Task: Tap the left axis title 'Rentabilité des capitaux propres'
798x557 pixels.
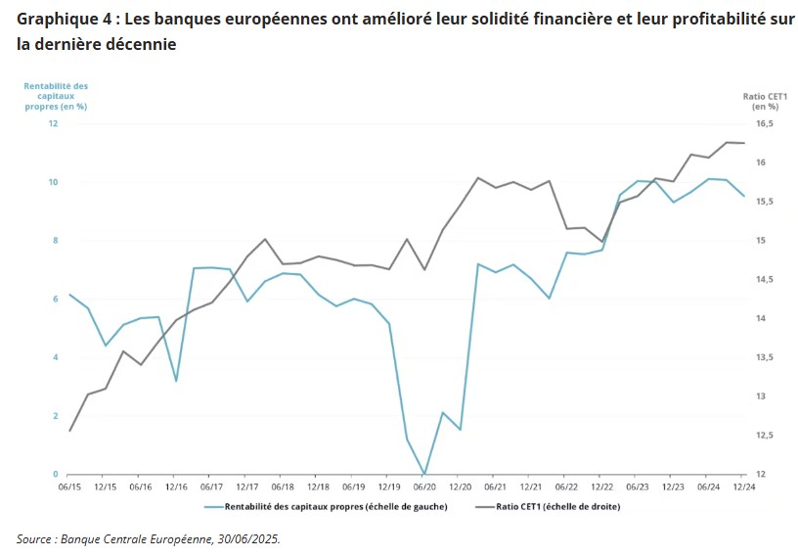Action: [56, 96]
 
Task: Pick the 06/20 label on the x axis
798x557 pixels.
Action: [424, 487]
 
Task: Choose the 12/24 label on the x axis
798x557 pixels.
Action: [744, 487]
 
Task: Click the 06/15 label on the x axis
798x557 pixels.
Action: [69, 487]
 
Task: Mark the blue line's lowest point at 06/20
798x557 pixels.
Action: [424, 473]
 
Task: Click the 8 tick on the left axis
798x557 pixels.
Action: [55, 240]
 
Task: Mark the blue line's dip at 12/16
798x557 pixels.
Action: [176, 381]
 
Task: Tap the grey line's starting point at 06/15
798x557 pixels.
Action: [69, 431]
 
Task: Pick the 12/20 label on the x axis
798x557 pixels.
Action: [460, 487]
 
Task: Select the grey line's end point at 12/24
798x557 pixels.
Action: [744, 143]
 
